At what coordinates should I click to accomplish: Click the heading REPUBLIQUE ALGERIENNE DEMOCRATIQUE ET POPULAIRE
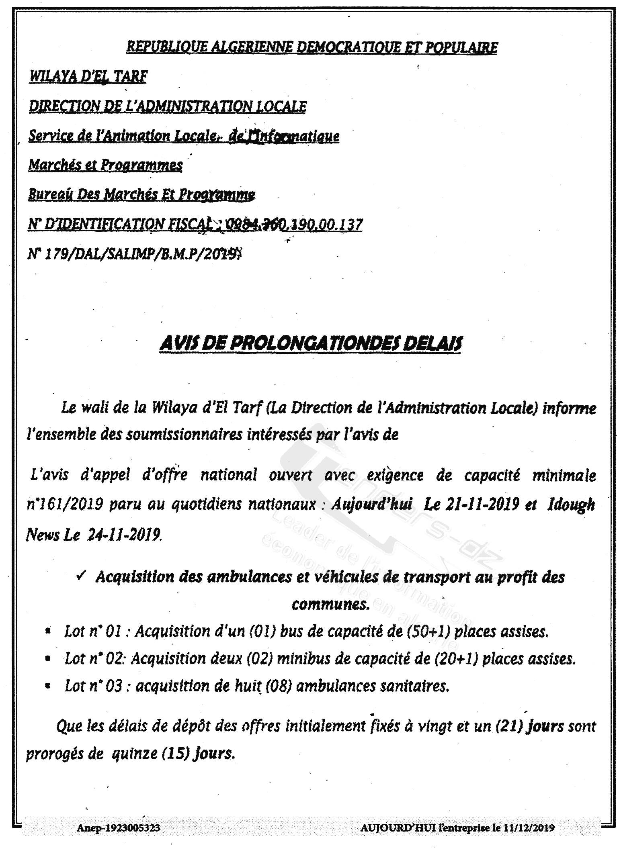(312, 47)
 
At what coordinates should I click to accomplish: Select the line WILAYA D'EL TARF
(88, 76)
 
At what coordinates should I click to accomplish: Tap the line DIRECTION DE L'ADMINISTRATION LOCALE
(168, 106)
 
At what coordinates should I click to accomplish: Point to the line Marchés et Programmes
(105, 165)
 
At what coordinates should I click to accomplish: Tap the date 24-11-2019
(124, 535)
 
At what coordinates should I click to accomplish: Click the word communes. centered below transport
(330, 604)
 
